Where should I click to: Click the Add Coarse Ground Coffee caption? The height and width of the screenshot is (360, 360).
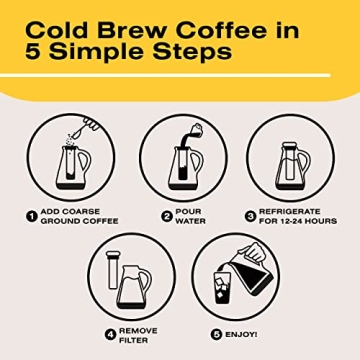pos(80,217)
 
